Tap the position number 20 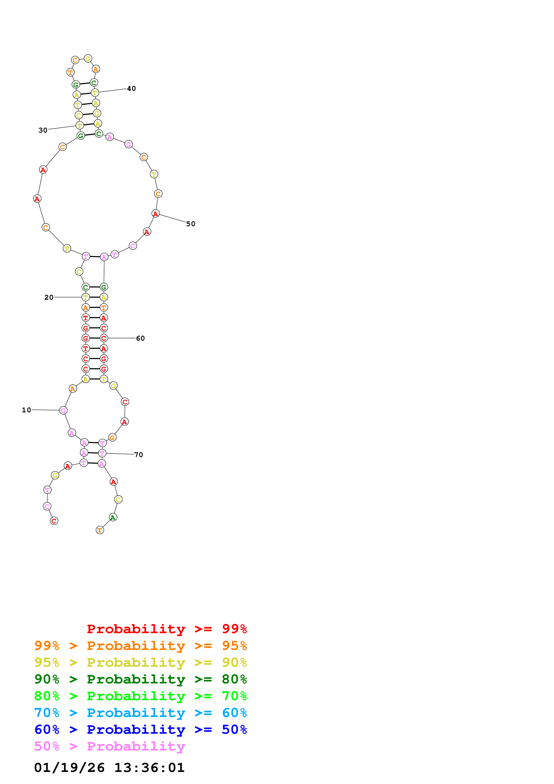click(x=49, y=297)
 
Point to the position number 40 click(x=131, y=89)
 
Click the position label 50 click(x=190, y=224)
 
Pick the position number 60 click(x=140, y=338)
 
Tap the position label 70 click(x=139, y=455)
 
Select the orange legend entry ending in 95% click(x=140, y=646)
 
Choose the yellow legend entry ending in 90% click(x=140, y=662)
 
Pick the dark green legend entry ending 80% click(x=140, y=679)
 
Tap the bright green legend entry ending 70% click(x=140, y=696)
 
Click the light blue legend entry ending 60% click(x=140, y=713)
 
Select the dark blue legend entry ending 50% click(x=140, y=729)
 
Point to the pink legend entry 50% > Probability click(x=110, y=746)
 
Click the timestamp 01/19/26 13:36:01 click(x=109, y=768)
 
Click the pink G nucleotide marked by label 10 click(x=63, y=411)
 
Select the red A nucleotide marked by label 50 click(x=156, y=214)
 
